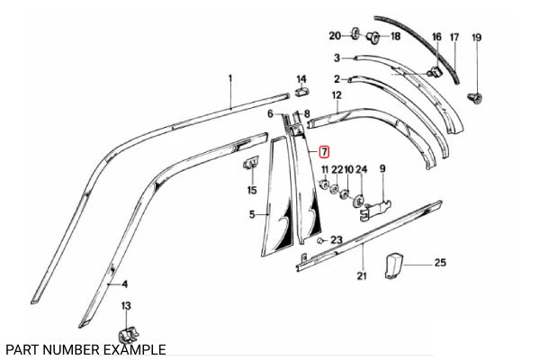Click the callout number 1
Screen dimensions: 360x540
tap(229, 79)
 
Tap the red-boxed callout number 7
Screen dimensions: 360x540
tap(325, 154)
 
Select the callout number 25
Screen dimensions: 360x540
tap(440, 262)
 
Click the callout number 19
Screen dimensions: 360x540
tap(477, 38)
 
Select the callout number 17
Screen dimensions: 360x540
tap(454, 38)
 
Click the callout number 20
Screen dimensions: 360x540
tap(335, 36)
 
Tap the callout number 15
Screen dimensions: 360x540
tap(254, 189)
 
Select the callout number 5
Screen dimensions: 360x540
tap(254, 214)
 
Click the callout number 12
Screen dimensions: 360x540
tap(337, 94)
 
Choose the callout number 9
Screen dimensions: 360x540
tap(382, 169)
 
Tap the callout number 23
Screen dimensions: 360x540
tap(337, 239)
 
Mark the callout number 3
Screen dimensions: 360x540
tap(337, 57)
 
